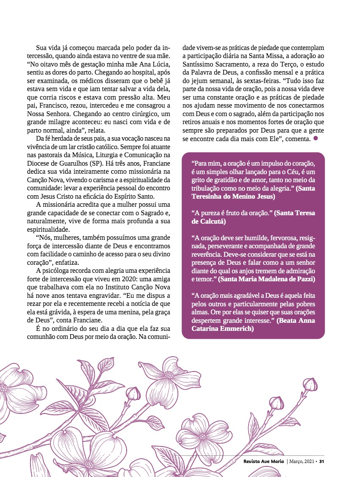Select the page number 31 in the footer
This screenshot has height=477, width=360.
321,461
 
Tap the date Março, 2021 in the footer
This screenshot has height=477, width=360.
301,461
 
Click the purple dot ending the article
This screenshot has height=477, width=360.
316,139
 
